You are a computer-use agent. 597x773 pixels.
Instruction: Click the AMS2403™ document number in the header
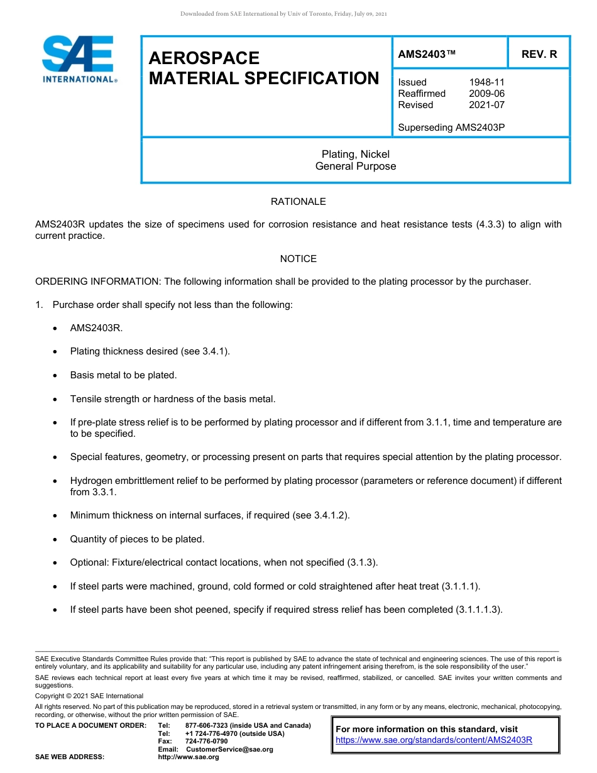427,55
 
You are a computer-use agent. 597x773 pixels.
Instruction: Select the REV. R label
539,55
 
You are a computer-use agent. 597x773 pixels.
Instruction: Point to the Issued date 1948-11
486,82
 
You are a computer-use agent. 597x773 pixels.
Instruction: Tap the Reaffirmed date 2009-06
486,94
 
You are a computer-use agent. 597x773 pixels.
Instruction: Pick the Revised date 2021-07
486,105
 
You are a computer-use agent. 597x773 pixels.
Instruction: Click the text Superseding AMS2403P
451,128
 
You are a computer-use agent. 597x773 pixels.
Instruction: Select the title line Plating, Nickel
356,154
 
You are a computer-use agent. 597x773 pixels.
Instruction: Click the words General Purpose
356,167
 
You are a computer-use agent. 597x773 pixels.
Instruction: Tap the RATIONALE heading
298,202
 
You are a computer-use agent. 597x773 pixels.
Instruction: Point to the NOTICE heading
298,259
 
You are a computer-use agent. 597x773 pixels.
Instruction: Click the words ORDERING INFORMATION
98,282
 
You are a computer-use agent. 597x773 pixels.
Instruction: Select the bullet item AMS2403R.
96,328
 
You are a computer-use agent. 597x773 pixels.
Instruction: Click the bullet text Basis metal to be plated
123,375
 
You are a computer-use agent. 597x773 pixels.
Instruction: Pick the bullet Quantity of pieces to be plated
137,539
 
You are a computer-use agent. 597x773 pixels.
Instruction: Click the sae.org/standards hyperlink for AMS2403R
434,740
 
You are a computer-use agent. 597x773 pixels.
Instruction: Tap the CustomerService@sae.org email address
229,749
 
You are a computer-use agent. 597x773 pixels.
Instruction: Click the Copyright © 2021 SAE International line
89,696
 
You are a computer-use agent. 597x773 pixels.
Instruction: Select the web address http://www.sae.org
189,757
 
